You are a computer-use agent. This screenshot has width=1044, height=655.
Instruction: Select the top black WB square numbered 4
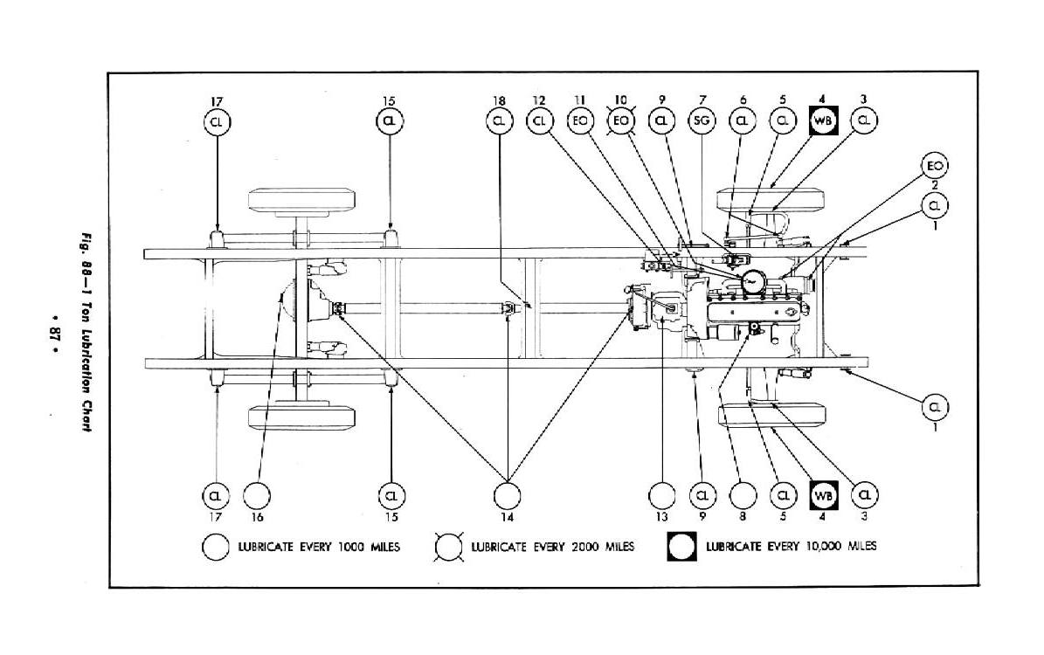823,121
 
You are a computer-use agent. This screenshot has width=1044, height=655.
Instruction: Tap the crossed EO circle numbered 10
621,121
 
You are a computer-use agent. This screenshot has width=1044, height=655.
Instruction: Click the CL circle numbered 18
500,121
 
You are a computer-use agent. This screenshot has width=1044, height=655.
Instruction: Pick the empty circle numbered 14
507,495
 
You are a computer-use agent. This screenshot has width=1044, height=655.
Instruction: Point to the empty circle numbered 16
257,495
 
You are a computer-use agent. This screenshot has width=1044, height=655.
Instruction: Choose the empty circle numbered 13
662,495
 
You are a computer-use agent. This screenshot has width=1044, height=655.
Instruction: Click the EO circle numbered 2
935,165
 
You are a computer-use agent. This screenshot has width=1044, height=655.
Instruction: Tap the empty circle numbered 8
742,495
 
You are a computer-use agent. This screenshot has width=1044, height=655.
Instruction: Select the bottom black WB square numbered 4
823,495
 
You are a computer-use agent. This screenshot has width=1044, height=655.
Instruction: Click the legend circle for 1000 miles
215,548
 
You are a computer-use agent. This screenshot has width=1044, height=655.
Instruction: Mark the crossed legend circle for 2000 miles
450,548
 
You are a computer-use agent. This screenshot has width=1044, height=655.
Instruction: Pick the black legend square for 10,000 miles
682,548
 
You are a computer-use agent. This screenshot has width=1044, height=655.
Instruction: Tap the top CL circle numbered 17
216,121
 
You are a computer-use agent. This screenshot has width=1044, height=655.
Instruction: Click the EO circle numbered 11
580,121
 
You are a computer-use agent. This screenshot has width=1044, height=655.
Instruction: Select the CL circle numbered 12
539,121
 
